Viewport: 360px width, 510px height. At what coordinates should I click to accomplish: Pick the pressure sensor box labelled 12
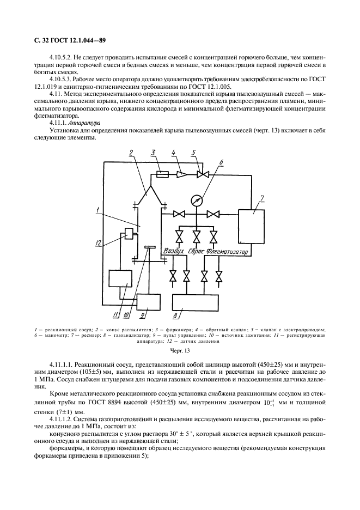[130, 233]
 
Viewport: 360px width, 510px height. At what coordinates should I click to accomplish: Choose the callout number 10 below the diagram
[126, 314]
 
